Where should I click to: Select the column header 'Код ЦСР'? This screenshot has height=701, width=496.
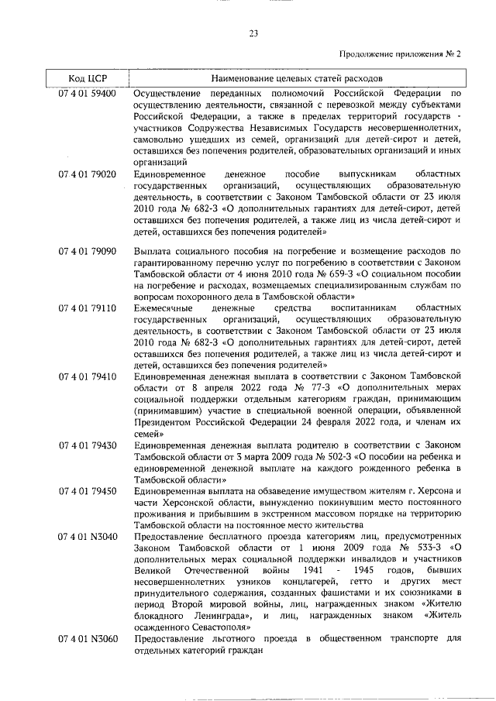[x=87, y=78]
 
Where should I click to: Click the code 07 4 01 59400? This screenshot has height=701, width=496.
[x=88, y=93]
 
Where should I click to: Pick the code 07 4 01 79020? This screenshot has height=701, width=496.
[x=88, y=174]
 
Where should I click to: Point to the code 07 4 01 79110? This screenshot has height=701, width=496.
[x=88, y=308]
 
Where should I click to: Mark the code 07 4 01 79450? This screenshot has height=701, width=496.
[x=88, y=491]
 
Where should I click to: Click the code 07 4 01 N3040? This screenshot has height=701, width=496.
[x=88, y=536]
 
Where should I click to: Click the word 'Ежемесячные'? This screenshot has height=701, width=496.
[x=166, y=308]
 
